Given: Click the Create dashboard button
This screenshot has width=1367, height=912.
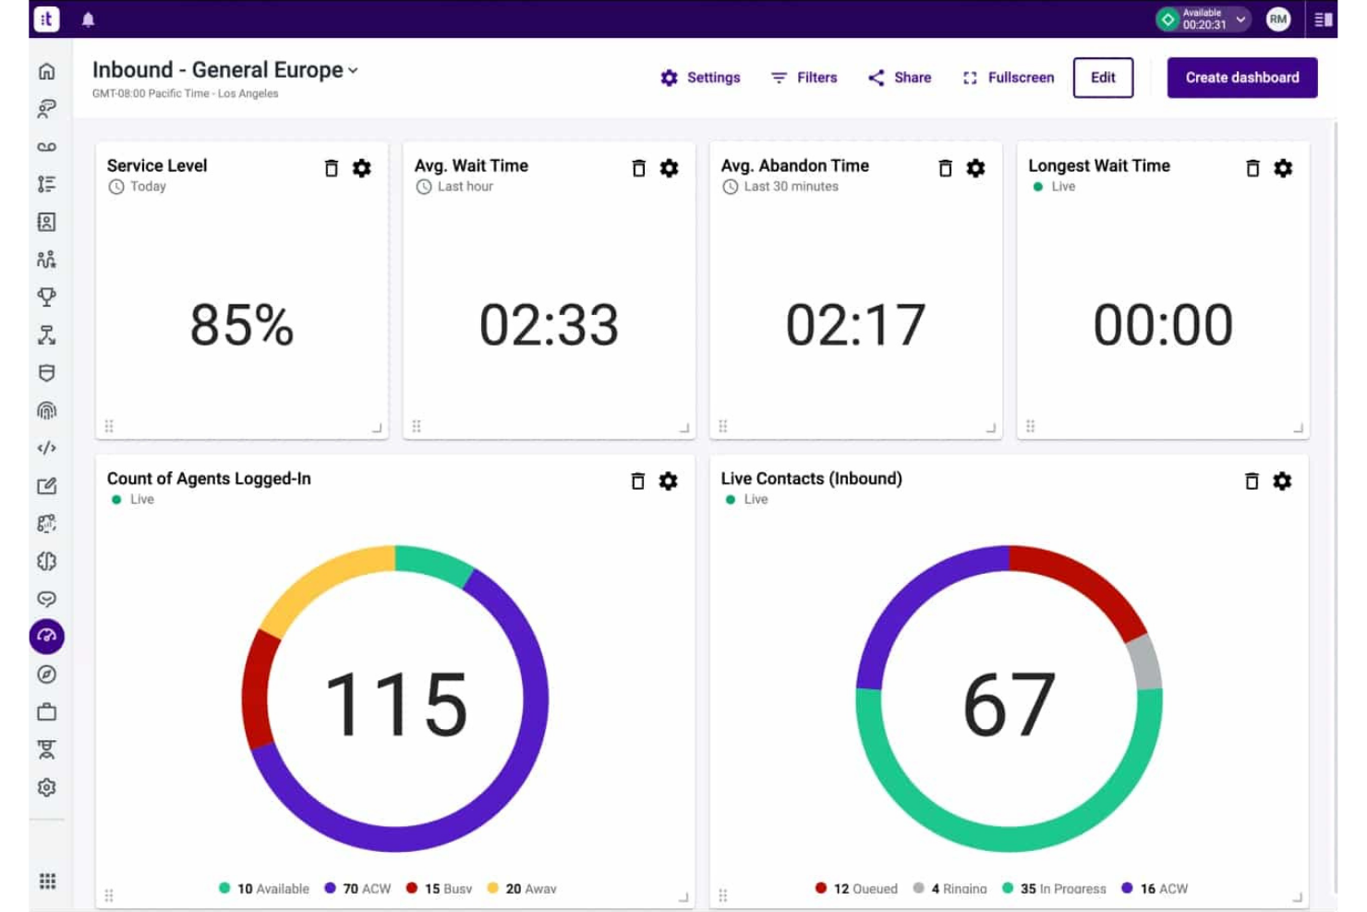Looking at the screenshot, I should [x=1241, y=78].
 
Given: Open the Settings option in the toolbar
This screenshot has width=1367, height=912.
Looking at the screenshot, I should [x=701, y=78].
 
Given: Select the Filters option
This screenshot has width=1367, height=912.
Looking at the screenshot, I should [x=804, y=78].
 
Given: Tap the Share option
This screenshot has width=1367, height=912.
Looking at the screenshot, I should [x=900, y=78].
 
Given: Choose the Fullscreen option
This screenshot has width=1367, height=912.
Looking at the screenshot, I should [x=1009, y=78].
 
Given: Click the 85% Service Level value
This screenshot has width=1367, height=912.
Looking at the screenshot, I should [x=242, y=325].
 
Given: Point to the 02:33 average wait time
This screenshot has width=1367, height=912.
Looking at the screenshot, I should [x=549, y=325].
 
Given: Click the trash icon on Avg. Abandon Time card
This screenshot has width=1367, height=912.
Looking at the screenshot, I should [x=945, y=168].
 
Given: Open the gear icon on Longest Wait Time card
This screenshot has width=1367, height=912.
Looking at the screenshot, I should [x=1283, y=168].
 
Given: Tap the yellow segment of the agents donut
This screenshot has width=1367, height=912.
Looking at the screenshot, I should [x=319, y=578].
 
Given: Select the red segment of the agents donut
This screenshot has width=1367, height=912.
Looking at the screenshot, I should [x=256, y=688].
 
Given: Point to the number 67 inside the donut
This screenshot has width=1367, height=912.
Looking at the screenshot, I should [x=1009, y=704].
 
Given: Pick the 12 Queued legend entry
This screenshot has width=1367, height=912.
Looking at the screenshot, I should [x=856, y=889].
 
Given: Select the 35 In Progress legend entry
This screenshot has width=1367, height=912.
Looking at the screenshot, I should [x=1054, y=889].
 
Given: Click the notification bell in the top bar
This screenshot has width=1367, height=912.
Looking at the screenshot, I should [x=89, y=19].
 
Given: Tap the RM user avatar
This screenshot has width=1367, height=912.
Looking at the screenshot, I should [x=1278, y=19].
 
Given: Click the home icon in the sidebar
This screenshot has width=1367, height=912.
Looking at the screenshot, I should [x=47, y=71].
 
